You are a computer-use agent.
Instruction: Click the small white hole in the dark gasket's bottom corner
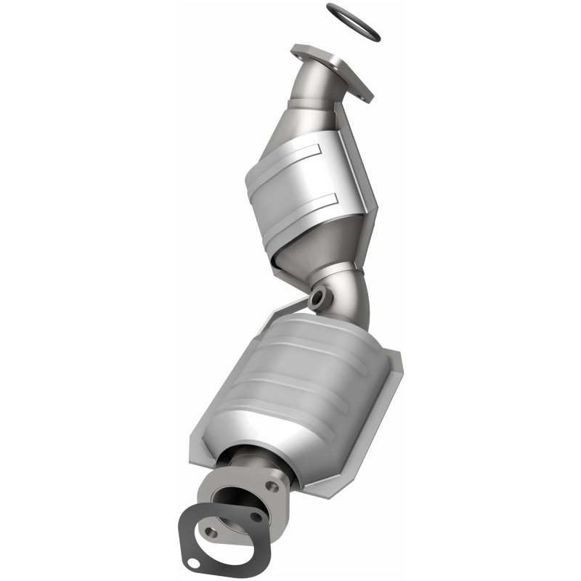[x=192, y=564]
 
